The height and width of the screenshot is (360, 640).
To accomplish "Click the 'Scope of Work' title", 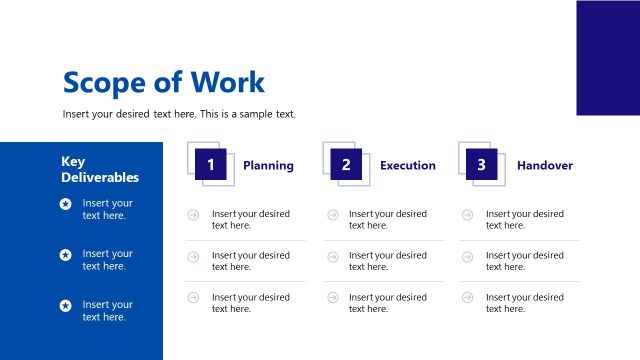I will pyautogui.click(x=163, y=82).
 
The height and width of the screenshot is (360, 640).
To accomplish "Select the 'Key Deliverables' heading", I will pyautogui.click(x=100, y=170).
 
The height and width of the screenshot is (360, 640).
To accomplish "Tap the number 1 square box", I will pyautogui.click(x=211, y=165).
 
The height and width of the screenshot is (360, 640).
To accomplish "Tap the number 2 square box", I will pyautogui.click(x=346, y=165).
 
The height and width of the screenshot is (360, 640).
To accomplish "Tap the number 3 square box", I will pyautogui.click(x=481, y=165).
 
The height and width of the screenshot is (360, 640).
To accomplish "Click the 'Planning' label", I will pyautogui.click(x=268, y=165).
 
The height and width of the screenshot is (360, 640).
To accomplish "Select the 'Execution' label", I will pyautogui.click(x=407, y=165).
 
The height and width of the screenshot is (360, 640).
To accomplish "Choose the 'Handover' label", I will pyautogui.click(x=545, y=165).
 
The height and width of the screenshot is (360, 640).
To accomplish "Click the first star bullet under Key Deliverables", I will pyautogui.click(x=66, y=204).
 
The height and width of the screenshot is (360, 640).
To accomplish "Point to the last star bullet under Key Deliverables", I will pyautogui.click(x=66, y=305).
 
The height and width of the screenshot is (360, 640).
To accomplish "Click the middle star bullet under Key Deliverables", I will pyautogui.click(x=66, y=255).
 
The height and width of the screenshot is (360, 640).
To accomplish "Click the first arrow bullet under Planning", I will pyautogui.click(x=193, y=214).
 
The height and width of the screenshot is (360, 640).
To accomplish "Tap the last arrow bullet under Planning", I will pyautogui.click(x=193, y=297).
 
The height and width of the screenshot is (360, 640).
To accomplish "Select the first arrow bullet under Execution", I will pyautogui.click(x=332, y=214).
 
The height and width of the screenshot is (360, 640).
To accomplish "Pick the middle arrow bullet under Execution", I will pyautogui.click(x=332, y=256).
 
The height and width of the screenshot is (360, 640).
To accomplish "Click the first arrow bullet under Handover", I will pyautogui.click(x=468, y=214).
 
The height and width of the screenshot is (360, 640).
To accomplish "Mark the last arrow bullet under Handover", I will pyautogui.click(x=468, y=297).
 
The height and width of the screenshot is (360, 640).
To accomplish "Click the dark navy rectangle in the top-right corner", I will pyautogui.click(x=608, y=57).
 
